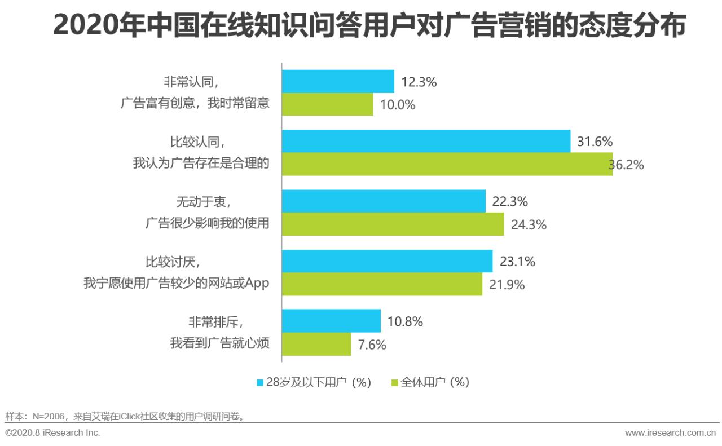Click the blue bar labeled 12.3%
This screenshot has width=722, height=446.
[x=338, y=82]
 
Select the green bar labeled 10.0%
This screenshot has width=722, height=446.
[x=327, y=104]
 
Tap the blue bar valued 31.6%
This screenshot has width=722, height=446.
[x=426, y=142]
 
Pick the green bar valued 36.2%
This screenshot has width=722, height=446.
[x=447, y=164]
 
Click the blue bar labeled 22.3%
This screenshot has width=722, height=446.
[x=384, y=201]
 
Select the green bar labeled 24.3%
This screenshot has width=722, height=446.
[x=393, y=224]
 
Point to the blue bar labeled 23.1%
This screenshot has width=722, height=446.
[x=387, y=261]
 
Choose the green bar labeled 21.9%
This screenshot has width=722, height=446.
[x=382, y=284]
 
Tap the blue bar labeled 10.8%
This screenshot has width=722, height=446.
[x=331, y=321]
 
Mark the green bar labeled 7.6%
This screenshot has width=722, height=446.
[x=316, y=344]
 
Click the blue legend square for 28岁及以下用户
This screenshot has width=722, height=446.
[x=260, y=382]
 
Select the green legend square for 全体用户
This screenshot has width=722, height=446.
[x=395, y=382]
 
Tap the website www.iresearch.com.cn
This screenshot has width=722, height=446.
[x=670, y=433]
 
